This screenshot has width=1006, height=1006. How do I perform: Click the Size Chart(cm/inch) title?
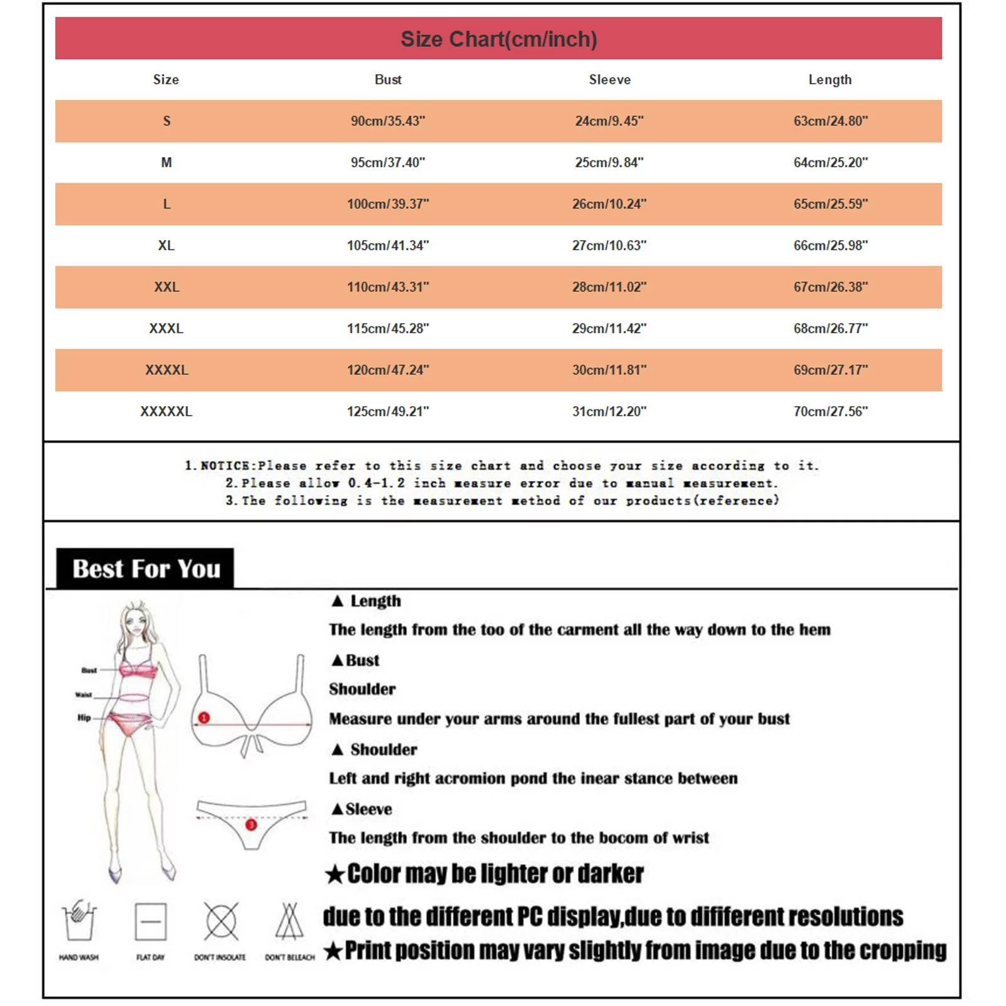pyautogui.click(x=499, y=39)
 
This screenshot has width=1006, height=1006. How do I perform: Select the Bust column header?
pyautogui.click(x=388, y=80)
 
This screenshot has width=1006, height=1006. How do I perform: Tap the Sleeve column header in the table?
pyautogui.click(x=609, y=80)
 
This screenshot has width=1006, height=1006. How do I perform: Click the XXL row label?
pyautogui.click(x=167, y=287)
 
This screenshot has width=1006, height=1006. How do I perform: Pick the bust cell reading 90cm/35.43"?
pyautogui.click(x=388, y=121)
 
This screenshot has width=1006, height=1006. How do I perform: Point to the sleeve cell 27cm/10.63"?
pyautogui.click(x=609, y=245)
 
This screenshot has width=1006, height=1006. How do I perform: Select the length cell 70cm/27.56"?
pyautogui.click(x=830, y=411)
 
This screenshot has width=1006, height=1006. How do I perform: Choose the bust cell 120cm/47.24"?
pyautogui.click(x=388, y=370)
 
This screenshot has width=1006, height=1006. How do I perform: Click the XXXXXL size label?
pyautogui.click(x=166, y=411)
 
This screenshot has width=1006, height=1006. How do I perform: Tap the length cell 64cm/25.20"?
pyautogui.click(x=830, y=162)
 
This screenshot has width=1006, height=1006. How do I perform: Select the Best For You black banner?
pyautogui.click(x=145, y=568)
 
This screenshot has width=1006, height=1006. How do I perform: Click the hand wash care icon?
pyautogui.click(x=79, y=920)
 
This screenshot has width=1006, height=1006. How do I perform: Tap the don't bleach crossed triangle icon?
pyautogui.click(x=289, y=922)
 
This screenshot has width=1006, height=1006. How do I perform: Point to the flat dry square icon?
pyautogui.click(x=151, y=922)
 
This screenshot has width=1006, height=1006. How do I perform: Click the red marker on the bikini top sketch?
pyautogui.click(x=204, y=717)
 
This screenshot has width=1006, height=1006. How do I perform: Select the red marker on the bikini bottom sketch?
pyautogui.click(x=251, y=824)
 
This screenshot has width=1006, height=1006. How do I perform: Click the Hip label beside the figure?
pyautogui.click(x=84, y=717)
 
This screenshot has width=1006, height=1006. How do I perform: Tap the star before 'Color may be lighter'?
pyautogui.click(x=335, y=874)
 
